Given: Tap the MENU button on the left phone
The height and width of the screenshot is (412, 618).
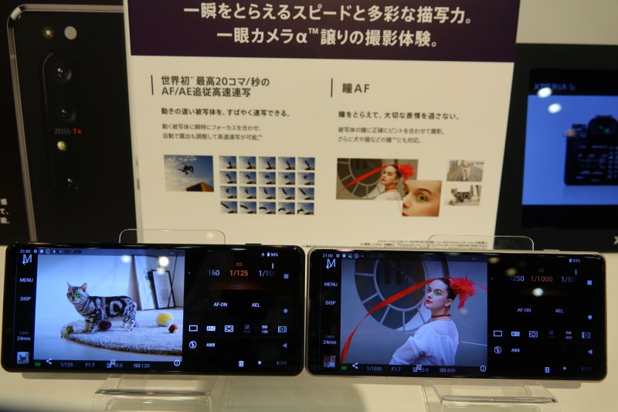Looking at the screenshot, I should point(26,280).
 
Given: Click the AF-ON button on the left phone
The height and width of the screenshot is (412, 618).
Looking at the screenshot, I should point(220,304).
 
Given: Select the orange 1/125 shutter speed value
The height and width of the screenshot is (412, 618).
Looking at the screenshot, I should point(239,274).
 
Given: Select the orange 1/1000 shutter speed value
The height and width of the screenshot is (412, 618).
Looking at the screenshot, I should point(541,278).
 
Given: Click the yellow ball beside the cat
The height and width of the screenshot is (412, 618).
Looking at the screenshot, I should point(164,318).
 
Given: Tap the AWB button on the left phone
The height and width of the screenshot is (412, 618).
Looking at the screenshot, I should point(210,345).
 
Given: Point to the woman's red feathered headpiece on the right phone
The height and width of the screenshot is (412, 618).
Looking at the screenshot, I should point(462,288).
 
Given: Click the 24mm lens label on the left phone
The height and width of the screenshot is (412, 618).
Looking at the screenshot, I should point(25,338).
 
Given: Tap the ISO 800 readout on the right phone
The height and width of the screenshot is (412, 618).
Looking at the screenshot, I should point(447,369).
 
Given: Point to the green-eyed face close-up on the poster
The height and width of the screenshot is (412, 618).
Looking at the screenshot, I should point(421,198).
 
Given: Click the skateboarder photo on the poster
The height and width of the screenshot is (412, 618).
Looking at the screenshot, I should point(188,173).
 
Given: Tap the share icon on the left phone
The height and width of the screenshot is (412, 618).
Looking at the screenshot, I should point(49,362).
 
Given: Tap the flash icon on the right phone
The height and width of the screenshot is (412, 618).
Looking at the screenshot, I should point(497,350).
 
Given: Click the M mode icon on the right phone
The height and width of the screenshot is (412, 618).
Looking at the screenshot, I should point(331,264).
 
